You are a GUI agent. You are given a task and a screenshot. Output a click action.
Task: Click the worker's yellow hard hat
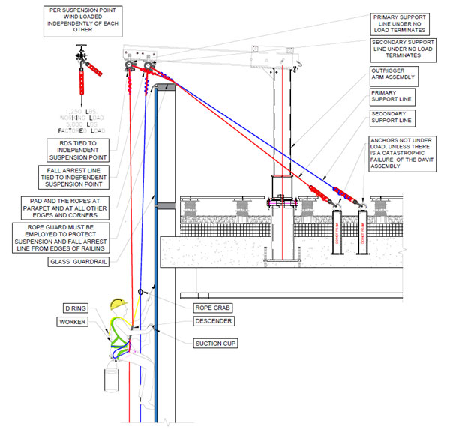tap(117, 304)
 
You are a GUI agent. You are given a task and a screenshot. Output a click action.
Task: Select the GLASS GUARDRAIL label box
tap(78, 262)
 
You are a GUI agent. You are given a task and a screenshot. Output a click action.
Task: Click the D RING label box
tap(76, 308)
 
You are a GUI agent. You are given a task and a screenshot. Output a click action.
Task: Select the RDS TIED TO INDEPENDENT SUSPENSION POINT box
tap(78, 151)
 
